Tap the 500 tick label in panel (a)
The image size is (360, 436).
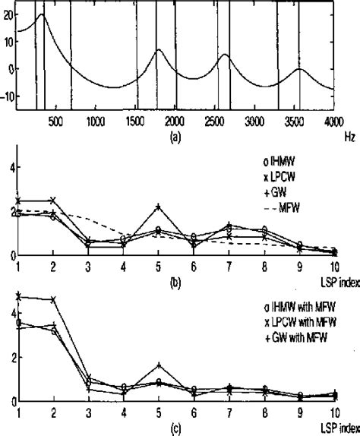tap(55, 121)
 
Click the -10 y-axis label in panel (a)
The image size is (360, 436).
tap(9, 94)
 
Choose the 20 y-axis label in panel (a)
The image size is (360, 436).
tap(9, 14)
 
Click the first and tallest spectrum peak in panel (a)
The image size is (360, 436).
tap(42, 14)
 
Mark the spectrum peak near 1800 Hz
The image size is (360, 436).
tap(158, 50)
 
